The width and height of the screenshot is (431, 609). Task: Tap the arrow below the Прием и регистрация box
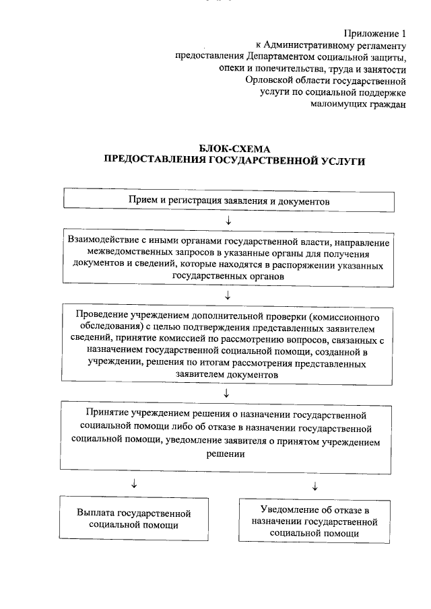pyautogui.click(x=229, y=220)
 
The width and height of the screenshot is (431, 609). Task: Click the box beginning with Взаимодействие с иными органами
pyautogui.click(x=228, y=257)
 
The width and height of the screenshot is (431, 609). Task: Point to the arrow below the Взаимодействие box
pyautogui.click(x=228, y=294)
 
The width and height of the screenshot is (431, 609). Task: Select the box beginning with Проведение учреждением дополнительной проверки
pyautogui.click(x=230, y=344)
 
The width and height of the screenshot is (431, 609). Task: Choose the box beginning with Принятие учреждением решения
pyautogui.click(x=230, y=435)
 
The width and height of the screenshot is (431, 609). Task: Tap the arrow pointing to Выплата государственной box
pyautogui.click(x=135, y=484)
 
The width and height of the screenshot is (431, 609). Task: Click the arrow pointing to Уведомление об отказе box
pyautogui.click(x=315, y=485)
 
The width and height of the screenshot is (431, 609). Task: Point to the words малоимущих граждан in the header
pyautogui.click(x=359, y=104)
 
